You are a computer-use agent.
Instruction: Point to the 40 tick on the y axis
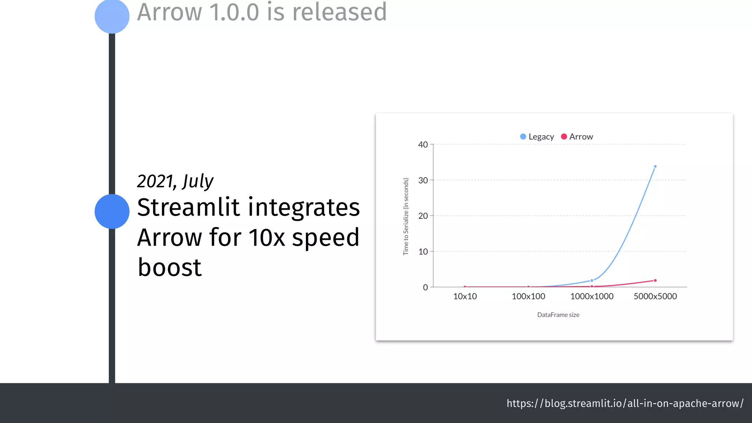(423, 145)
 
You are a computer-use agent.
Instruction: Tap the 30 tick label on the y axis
(423, 180)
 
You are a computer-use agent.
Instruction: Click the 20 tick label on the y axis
(423, 216)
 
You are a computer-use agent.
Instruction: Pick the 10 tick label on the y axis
(423, 252)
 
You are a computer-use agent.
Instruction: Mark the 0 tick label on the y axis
(425, 287)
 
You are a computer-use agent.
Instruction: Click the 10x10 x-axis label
(465, 296)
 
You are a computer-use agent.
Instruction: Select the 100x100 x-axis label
(528, 296)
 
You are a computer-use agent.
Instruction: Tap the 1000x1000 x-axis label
(592, 296)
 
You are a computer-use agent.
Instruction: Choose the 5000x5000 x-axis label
(655, 296)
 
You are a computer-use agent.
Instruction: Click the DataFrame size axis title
(558, 315)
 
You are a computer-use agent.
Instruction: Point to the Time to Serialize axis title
(406, 217)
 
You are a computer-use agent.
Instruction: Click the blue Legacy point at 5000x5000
(655, 166)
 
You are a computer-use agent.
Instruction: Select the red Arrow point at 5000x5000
(655, 281)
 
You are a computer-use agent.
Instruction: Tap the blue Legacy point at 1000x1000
(592, 281)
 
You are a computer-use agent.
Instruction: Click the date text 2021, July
(175, 181)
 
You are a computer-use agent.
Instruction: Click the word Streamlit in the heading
(188, 207)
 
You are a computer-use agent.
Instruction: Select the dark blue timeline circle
(112, 211)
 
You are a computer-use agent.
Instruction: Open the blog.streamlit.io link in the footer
(625, 403)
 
